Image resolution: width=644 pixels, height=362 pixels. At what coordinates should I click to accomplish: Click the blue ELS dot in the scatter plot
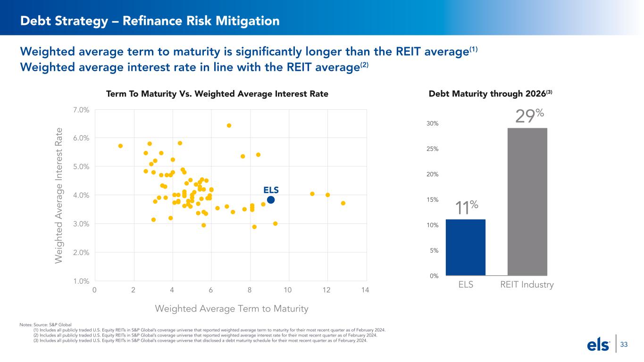point(271,200)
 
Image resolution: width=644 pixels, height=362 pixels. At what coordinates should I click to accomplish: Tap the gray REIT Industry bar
point(527,202)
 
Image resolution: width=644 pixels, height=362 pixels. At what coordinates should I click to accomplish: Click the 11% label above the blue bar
point(467,207)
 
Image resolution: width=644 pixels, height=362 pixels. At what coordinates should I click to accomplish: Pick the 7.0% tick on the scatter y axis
point(82,110)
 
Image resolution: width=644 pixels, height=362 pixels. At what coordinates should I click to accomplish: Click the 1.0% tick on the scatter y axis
point(82,281)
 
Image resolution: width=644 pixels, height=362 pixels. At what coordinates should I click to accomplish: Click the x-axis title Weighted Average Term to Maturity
point(232,309)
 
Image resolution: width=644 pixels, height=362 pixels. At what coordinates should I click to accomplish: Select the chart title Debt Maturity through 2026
point(490,94)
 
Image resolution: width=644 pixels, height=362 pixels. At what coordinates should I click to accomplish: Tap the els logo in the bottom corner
point(598,346)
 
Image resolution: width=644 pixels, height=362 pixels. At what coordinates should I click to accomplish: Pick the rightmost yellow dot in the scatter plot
point(343,203)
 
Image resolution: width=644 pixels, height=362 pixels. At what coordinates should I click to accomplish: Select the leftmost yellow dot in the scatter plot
point(120,146)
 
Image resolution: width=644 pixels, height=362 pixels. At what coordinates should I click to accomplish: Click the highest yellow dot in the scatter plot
point(229,125)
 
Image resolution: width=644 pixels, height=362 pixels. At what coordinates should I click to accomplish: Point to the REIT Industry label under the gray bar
point(527,285)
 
